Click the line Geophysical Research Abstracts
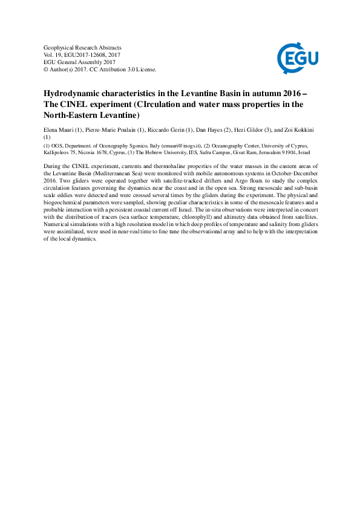pyautogui.click(x=83, y=47)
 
